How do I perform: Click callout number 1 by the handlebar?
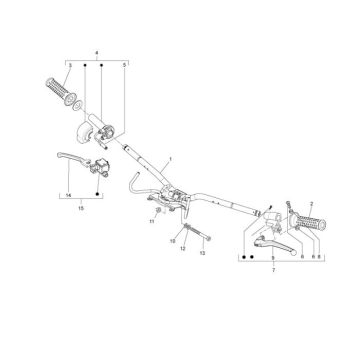click(170, 159)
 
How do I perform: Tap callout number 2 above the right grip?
click(311, 203)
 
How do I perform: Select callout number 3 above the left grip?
click(70, 65)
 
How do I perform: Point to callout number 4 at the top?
click(97, 53)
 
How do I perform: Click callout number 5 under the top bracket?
click(124, 65)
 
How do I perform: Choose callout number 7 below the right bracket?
click(274, 270)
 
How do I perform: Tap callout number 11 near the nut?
click(152, 221)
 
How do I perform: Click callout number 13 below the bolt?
click(203, 253)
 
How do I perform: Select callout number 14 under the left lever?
click(69, 195)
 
